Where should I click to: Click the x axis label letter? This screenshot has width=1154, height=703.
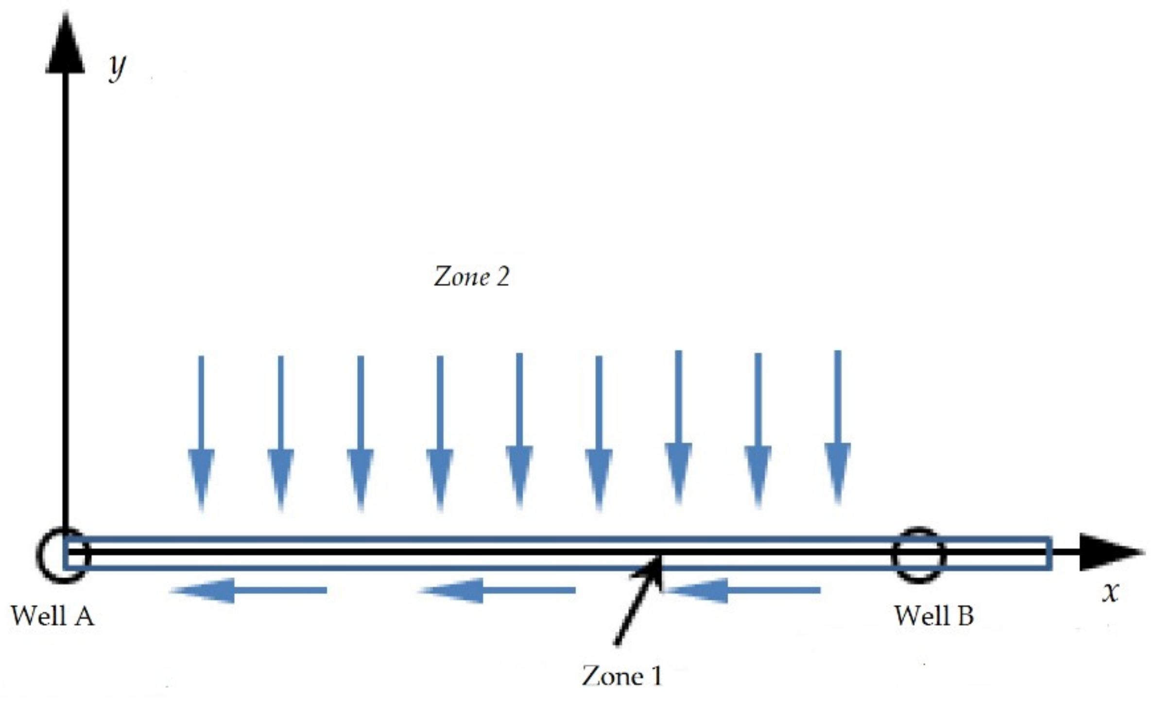pos(1110,592)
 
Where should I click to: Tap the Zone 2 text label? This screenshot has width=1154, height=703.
pos(471,277)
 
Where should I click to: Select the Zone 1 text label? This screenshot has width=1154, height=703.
pos(621,676)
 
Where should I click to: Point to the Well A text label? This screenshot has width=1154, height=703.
pos(52,616)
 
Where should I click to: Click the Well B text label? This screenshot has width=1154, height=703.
pos(934,616)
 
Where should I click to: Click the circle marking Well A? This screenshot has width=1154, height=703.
pos(62,554)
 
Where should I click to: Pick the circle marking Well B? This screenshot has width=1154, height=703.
pos(918,554)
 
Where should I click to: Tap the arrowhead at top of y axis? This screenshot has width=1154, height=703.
pos(65,46)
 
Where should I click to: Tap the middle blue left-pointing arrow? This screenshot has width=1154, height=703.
pos(497,590)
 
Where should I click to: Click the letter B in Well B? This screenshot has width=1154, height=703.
pos(965,616)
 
